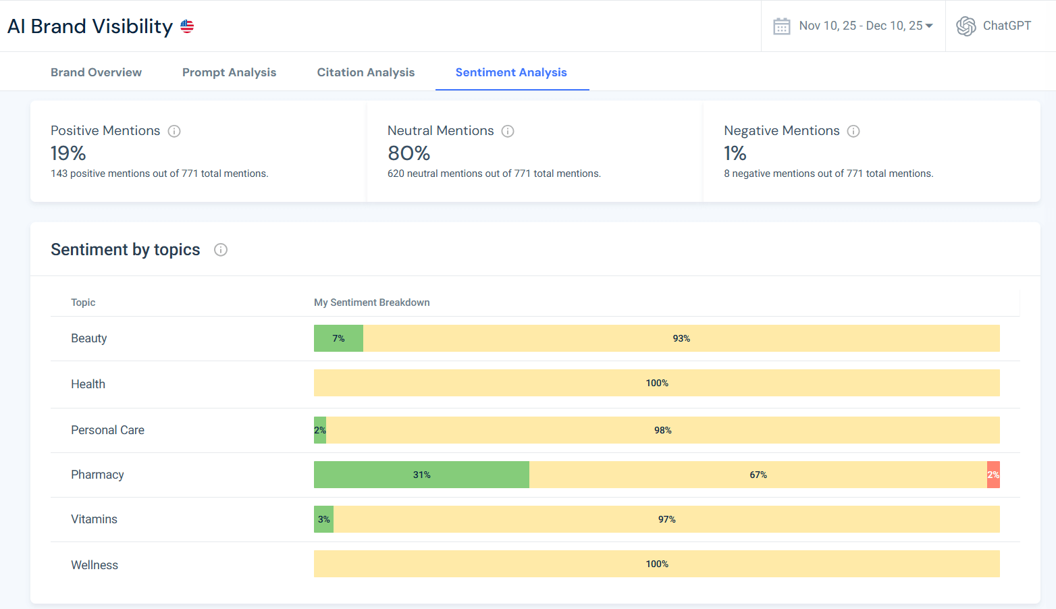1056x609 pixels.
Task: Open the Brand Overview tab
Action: tap(96, 72)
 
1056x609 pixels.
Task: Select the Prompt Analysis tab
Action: tap(229, 72)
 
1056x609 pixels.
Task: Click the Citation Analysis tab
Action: tap(365, 72)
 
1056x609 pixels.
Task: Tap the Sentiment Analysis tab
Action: tap(511, 72)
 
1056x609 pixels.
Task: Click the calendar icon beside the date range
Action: tap(781, 26)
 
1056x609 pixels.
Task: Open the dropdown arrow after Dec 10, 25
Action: tap(929, 26)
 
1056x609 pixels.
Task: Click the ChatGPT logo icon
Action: tap(966, 26)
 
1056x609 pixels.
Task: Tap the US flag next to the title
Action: tap(187, 26)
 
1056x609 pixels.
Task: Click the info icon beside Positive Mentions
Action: tap(174, 131)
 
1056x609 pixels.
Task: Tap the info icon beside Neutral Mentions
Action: tap(508, 131)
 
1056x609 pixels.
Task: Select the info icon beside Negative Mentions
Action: tap(853, 131)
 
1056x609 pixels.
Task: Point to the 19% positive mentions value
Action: tap(68, 153)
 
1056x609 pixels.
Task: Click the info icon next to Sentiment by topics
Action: tap(221, 250)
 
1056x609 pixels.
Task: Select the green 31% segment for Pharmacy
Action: tap(421, 475)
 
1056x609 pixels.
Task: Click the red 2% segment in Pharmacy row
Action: tap(993, 475)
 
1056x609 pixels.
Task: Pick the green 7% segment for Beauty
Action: tap(338, 338)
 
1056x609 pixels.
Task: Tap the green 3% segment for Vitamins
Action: tap(323, 519)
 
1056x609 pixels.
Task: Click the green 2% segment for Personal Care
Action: tap(320, 430)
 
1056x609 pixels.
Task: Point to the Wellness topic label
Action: tap(95, 565)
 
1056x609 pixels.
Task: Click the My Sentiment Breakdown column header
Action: tap(371, 302)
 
